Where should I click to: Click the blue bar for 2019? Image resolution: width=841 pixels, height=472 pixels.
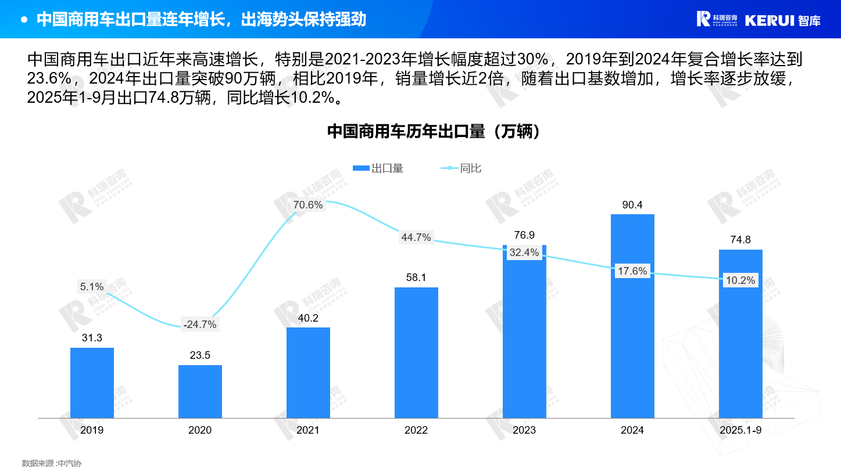[92, 383]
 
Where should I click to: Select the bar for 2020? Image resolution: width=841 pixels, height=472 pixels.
[200, 391]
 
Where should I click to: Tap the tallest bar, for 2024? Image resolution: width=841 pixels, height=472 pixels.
[632, 316]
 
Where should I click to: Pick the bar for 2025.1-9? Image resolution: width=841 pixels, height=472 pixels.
[740, 334]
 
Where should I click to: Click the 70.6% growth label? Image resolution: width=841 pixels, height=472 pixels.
[308, 205]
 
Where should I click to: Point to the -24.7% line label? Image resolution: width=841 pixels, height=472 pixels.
[199, 325]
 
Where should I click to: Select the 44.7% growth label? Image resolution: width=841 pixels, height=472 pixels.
[416, 237]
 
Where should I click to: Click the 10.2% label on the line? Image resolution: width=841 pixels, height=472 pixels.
[740, 280]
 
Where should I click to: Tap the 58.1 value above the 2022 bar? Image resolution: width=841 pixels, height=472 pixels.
[416, 278]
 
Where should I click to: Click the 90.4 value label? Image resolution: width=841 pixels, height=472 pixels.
[632, 205]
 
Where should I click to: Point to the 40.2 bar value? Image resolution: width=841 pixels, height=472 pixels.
[308, 318]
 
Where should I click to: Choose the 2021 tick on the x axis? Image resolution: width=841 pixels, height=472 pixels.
[308, 430]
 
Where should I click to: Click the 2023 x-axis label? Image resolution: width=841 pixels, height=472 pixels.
[524, 430]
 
